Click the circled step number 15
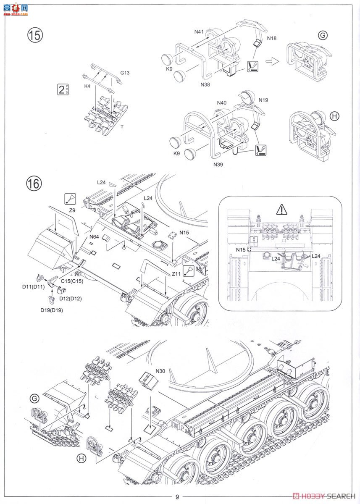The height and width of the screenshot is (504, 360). click(36, 35)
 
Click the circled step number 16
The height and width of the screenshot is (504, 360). click(35, 183)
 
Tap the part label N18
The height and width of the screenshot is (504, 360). click(272, 38)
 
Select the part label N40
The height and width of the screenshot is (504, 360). click(222, 102)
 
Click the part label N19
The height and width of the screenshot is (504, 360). click(263, 100)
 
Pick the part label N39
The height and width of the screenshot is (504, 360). click(218, 164)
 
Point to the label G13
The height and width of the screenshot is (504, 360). click(125, 73)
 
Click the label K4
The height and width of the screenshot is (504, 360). click(87, 86)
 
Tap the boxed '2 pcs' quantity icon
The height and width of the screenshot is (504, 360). click(63, 89)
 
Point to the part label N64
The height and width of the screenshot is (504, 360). click(94, 237)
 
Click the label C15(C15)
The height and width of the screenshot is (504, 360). click(72, 281)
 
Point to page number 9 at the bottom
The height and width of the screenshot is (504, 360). click(177, 497)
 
